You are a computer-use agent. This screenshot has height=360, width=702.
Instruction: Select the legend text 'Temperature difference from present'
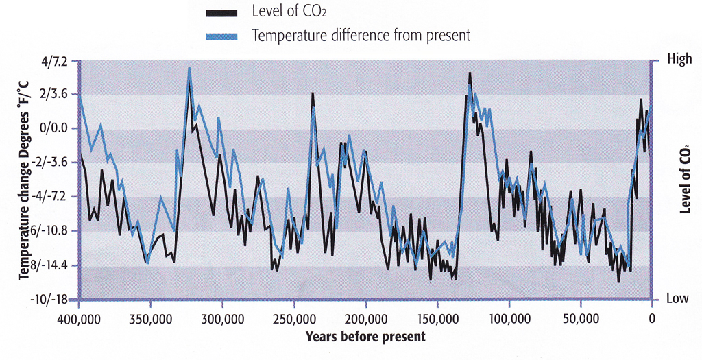click(x=361, y=36)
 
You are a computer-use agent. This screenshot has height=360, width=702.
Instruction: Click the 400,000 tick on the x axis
click(x=79, y=319)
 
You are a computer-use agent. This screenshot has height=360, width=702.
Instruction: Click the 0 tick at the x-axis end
click(x=652, y=319)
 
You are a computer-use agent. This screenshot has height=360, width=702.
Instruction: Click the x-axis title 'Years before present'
click(x=365, y=337)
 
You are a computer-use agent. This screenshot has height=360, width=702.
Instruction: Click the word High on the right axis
click(x=680, y=60)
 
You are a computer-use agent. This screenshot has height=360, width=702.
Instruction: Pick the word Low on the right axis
click(x=679, y=300)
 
